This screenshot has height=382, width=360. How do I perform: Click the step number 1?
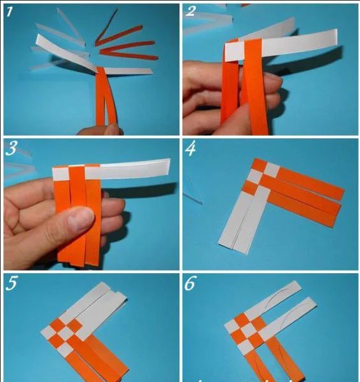(10, 11)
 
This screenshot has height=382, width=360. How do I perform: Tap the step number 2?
(191, 11)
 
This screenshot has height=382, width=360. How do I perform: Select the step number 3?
(11, 148)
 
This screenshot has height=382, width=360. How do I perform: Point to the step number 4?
(190, 148)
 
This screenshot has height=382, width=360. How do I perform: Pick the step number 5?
(11, 283)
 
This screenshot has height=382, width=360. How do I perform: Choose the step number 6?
(190, 283)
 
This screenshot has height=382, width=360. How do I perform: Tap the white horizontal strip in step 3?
(111, 169)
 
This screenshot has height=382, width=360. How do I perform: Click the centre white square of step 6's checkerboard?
(248, 331)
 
